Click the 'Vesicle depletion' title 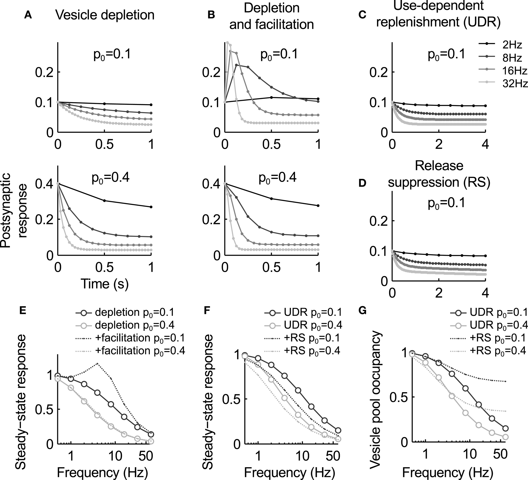105,15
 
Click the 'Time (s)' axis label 105,284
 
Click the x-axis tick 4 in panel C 485,145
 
